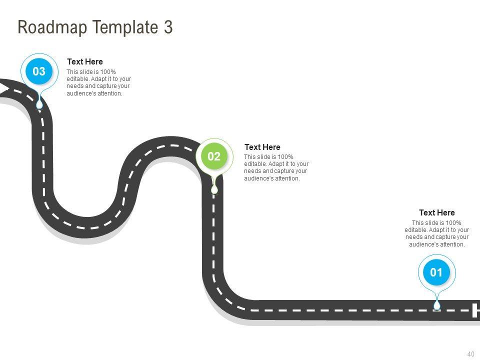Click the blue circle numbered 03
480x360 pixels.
(39, 71)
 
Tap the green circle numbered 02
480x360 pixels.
(214, 156)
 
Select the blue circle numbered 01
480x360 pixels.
(436, 272)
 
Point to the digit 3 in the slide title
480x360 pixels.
(168, 27)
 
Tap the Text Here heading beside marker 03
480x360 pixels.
(85, 62)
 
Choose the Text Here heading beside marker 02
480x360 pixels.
(262, 147)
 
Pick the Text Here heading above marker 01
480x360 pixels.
(437, 212)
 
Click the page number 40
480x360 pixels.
(470, 354)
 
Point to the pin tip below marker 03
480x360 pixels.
(39, 105)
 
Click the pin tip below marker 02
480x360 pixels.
(214, 190)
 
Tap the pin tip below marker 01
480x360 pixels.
(437, 305)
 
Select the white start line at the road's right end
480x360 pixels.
(475, 310)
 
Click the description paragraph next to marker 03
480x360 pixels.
(98, 82)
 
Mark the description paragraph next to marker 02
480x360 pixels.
(276, 167)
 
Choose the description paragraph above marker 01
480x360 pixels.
(437, 233)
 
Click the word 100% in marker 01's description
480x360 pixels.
(453, 223)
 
